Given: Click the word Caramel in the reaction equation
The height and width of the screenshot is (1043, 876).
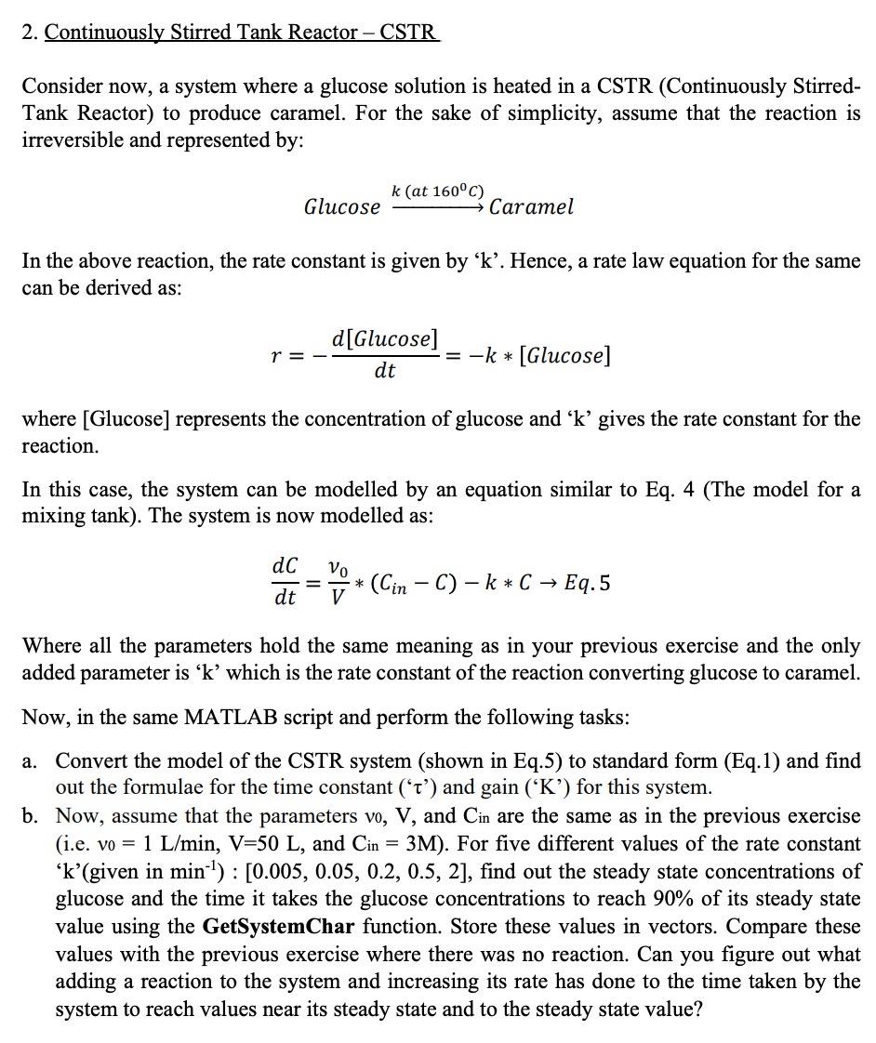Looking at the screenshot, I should tap(531, 206).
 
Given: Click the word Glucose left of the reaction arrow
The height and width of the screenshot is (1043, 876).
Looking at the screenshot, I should tap(341, 206).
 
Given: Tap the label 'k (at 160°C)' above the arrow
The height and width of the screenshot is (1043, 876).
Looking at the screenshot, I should tap(437, 191).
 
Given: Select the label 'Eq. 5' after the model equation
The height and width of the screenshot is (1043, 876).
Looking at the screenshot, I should tap(588, 584).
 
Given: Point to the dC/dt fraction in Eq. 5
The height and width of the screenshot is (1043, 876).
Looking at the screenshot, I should tap(285, 581).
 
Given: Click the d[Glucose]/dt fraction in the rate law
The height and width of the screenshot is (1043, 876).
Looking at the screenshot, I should tap(385, 354).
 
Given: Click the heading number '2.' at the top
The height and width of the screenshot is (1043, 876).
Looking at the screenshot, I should tap(30, 33).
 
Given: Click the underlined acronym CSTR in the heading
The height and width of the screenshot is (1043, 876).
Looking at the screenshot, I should tap(407, 33).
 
